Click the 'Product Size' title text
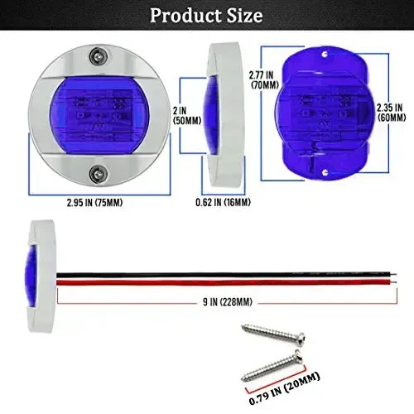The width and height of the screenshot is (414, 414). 207,15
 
